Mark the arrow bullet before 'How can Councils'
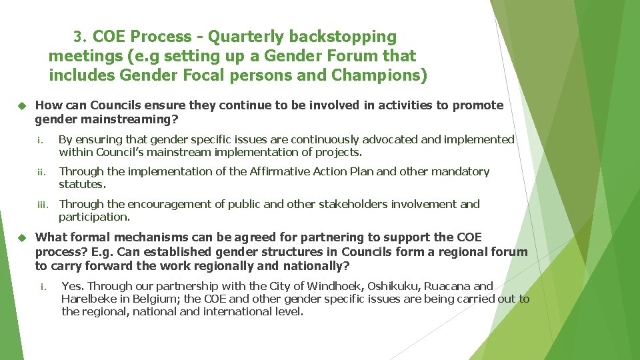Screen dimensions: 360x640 [21, 105]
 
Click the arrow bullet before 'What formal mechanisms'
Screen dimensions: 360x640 [21, 237]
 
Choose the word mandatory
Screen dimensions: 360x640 [460, 171]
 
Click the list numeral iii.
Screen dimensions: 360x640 [42, 205]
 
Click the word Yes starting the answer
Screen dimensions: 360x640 [72, 286]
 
